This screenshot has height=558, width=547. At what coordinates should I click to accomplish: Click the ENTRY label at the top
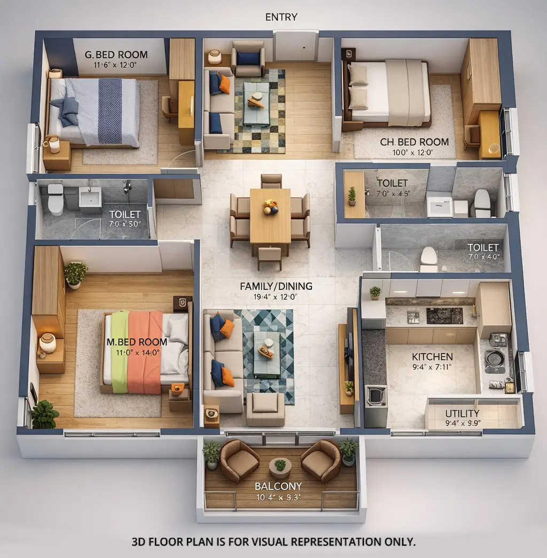click(281, 17)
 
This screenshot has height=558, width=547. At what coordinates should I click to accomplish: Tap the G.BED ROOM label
click(116, 55)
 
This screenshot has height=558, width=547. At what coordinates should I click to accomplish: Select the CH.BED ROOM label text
click(414, 142)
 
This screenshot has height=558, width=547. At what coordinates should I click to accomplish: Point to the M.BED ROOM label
click(137, 342)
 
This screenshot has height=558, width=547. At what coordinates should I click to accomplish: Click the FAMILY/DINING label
click(276, 286)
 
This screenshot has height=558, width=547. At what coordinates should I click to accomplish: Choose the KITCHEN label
click(432, 356)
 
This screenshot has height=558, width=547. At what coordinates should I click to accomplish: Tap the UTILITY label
click(462, 413)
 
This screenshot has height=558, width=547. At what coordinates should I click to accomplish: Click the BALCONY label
click(278, 486)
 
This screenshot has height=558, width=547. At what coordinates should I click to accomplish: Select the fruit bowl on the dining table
click(271, 207)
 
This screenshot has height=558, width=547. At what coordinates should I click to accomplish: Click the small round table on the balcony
click(280, 467)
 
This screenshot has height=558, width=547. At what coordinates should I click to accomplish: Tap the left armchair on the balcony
click(239, 461)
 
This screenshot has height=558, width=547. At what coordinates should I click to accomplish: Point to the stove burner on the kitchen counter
click(444, 316)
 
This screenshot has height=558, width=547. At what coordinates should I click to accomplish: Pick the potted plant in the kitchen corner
click(376, 292)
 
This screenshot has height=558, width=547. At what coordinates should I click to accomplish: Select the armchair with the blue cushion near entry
click(248, 59)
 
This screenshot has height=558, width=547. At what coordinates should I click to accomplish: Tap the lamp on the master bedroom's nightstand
click(48, 343)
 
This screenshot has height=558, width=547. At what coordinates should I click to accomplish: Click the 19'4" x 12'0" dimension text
click(276, 297)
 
